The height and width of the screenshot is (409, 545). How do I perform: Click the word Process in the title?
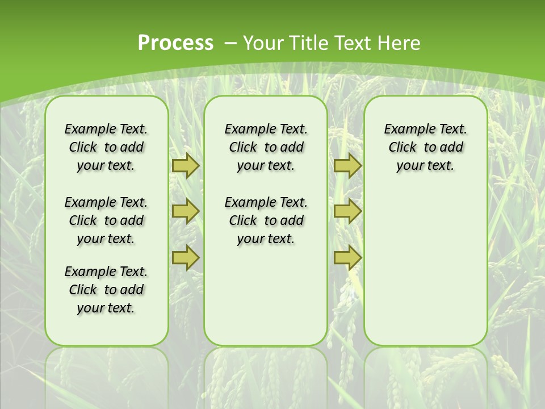click(175, 43)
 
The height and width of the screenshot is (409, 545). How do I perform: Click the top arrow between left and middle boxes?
click(186, 166)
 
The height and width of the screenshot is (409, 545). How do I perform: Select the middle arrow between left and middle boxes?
click(186, 211)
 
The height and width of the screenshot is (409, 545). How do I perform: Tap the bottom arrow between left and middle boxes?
click(186, 257)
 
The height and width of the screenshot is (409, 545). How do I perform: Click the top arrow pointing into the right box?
click(347, 166)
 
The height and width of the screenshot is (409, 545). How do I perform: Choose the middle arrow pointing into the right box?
click(347, 211)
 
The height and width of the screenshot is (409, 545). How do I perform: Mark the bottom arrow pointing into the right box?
click(347, 257)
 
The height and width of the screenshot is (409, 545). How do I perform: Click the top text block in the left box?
click(106, 147)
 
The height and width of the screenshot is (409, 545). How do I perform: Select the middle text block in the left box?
click(106, 220)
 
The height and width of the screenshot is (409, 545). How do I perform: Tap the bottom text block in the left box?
click(106, 290)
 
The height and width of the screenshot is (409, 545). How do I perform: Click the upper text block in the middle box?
click(266, 147)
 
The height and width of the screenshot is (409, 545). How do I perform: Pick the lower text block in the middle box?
click(266, 220)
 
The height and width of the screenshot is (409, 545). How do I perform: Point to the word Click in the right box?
click(403, 148)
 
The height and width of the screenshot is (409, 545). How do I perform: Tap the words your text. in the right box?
click(425, 166)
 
